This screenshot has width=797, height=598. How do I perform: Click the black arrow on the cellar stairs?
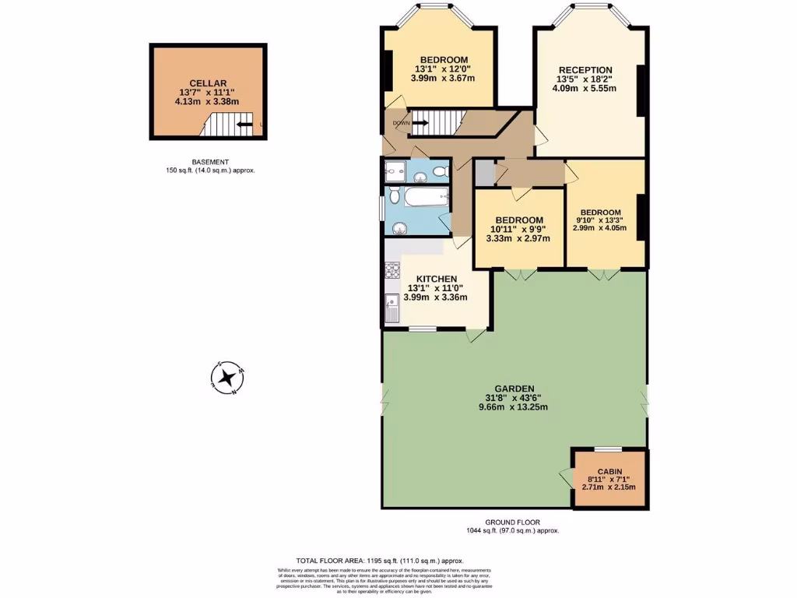(x=244, y=124)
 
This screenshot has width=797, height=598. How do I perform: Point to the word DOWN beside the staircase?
(x=401, y=123)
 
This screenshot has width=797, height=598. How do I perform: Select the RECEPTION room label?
(x=585, y=70)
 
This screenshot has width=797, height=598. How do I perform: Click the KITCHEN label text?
(x=436, y=279)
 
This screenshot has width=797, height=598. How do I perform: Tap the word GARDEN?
(x=514, y=388)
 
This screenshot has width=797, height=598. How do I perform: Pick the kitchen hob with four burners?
(x=391, y=272)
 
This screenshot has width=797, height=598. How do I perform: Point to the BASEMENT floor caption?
(x=210, y=162)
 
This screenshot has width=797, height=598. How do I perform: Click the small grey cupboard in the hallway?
(x=483, y=172)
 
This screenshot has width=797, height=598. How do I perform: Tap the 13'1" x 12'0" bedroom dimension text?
(x=444, y=69)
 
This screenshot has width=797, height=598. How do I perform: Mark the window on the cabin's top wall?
(x=609, y=449)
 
